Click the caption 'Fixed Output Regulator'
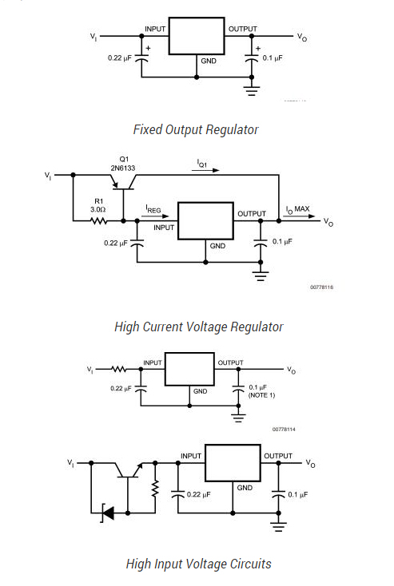[196, 129]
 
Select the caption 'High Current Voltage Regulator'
[198, 326]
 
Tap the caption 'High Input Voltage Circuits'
[198, 564]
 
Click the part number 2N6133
[123, 168]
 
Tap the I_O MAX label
[297, 209]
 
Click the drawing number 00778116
[321, 287]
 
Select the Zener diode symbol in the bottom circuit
[106, 512]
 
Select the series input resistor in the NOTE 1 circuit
[119, 370]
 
